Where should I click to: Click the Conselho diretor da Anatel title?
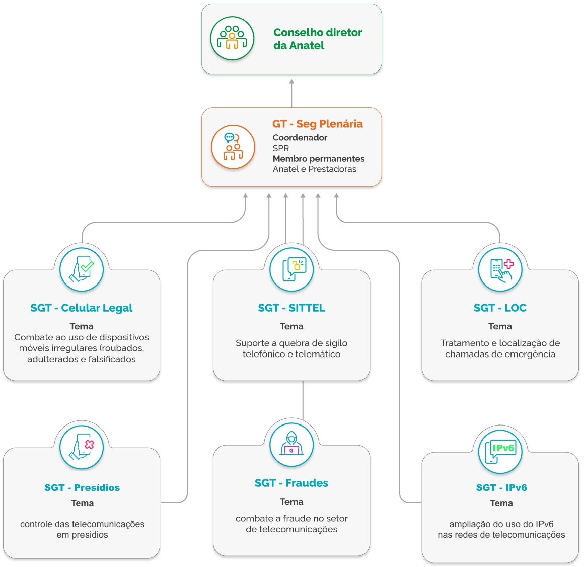(x=318, y=39)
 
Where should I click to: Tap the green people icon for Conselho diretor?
(x=232, y=39)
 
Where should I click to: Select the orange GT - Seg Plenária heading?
(x=317, y=124)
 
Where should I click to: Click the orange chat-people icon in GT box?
(x=233, y=147)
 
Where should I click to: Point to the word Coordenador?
(x=300, y=137)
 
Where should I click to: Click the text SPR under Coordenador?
(x=280, y=148)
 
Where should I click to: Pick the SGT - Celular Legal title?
(x=82, y=308)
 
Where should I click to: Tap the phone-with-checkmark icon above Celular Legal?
(x=82, y=269)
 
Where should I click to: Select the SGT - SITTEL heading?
(x=291, y=308)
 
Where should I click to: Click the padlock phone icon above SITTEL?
(x=291, y=269)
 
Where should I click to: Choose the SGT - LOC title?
(x=500, y=308)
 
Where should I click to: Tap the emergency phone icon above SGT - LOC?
(x=500, y=269)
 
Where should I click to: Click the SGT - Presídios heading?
(x=82, y=487)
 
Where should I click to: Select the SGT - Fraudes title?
(x=291, y=483)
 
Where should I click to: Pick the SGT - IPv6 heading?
(x=501, y=487)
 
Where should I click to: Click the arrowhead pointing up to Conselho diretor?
(x=291, y=82)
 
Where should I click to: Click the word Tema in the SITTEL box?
(x=291, y=326)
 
